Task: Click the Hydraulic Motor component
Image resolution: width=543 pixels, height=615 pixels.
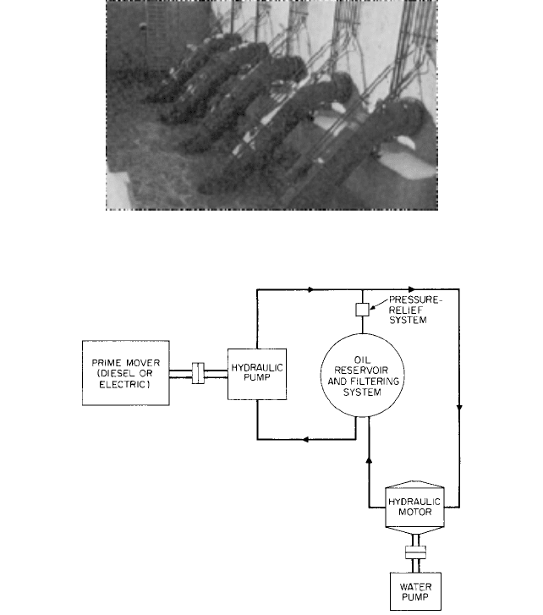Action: click(x=414, y=507)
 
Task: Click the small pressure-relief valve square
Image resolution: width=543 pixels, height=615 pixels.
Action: click(x=362, y=310)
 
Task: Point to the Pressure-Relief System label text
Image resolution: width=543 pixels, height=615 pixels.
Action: click(x=414, y=310)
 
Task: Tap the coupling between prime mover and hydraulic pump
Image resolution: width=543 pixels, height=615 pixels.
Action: click(x=199, y=373)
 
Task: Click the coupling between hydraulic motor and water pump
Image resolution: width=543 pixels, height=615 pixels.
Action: click(x=415, y=552)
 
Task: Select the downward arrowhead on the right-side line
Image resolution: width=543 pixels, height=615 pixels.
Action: click(x=459, y=409)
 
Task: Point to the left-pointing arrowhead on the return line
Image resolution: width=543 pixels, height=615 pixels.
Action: click(x=305, y=440)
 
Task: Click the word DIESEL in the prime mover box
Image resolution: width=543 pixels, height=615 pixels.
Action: click(x=113, y=373)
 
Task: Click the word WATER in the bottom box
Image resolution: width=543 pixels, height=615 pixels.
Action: click(x=415, y=587)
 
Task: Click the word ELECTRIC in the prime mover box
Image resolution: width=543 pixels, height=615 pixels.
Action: click(x=123, y=384)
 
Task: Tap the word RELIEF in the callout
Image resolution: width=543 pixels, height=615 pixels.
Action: click(x=406, y=310)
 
